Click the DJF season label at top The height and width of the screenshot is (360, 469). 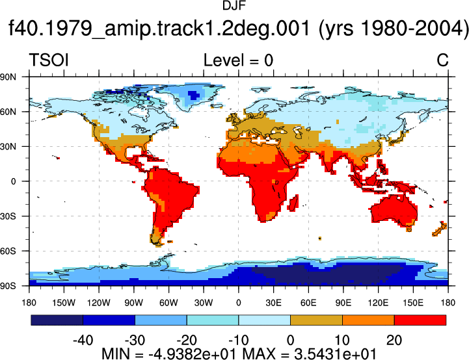[234, 6]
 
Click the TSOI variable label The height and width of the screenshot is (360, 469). [49, 60]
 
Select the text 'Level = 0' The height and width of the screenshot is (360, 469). [238, 60]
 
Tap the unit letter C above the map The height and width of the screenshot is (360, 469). [442, 60]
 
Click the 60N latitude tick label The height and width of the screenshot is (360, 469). [8, 112]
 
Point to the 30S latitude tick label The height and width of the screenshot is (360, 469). [8, 216]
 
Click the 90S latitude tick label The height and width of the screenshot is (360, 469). [8, 286]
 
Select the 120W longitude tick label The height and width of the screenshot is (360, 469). [99, 303]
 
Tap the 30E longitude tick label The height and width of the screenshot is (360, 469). [273, 303]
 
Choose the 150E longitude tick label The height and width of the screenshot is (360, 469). [413, 303]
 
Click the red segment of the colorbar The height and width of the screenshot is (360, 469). [420, 320]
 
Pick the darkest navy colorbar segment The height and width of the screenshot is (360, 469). [57, 320]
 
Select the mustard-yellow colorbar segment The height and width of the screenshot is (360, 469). [316, 320]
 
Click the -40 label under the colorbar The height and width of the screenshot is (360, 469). [83, 341]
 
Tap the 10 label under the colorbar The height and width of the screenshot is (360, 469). [342, 341]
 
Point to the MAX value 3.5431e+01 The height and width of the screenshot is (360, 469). [335, 354]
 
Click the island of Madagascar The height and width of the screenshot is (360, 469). [293, 203]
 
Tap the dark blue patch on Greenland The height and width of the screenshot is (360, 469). [194, 95]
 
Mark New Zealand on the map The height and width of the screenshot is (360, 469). [440, 229]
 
